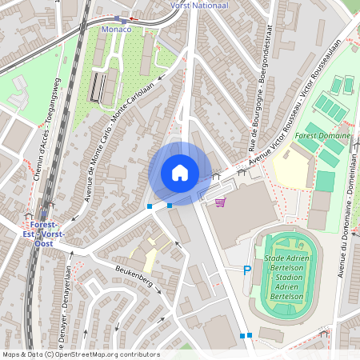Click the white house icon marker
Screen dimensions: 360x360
tap(180, 173)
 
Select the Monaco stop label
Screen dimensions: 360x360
tap(117, 29)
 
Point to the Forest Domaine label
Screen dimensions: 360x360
tap(322, 136)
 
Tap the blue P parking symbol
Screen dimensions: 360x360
tap(246, 271)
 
